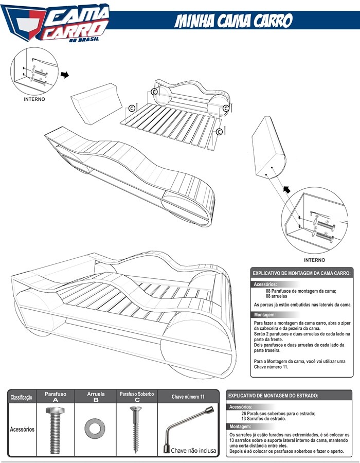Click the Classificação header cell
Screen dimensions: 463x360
(x=22, y=397)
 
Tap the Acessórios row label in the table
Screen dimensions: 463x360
(x=22, y=429)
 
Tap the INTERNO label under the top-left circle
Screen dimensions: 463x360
(x=34, y=99)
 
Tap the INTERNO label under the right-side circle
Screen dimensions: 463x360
(x=314, y=260)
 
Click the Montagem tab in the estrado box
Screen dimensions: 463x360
(x=240, y=427)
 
